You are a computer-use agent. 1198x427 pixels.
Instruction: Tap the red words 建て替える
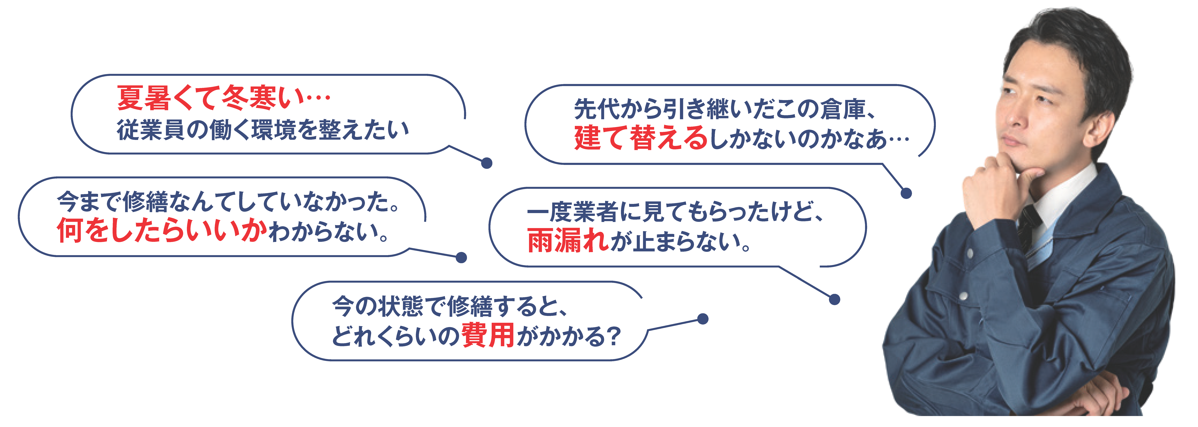tap(641, 138)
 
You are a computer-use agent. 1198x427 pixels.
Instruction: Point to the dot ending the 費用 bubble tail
tap(703, 319)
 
